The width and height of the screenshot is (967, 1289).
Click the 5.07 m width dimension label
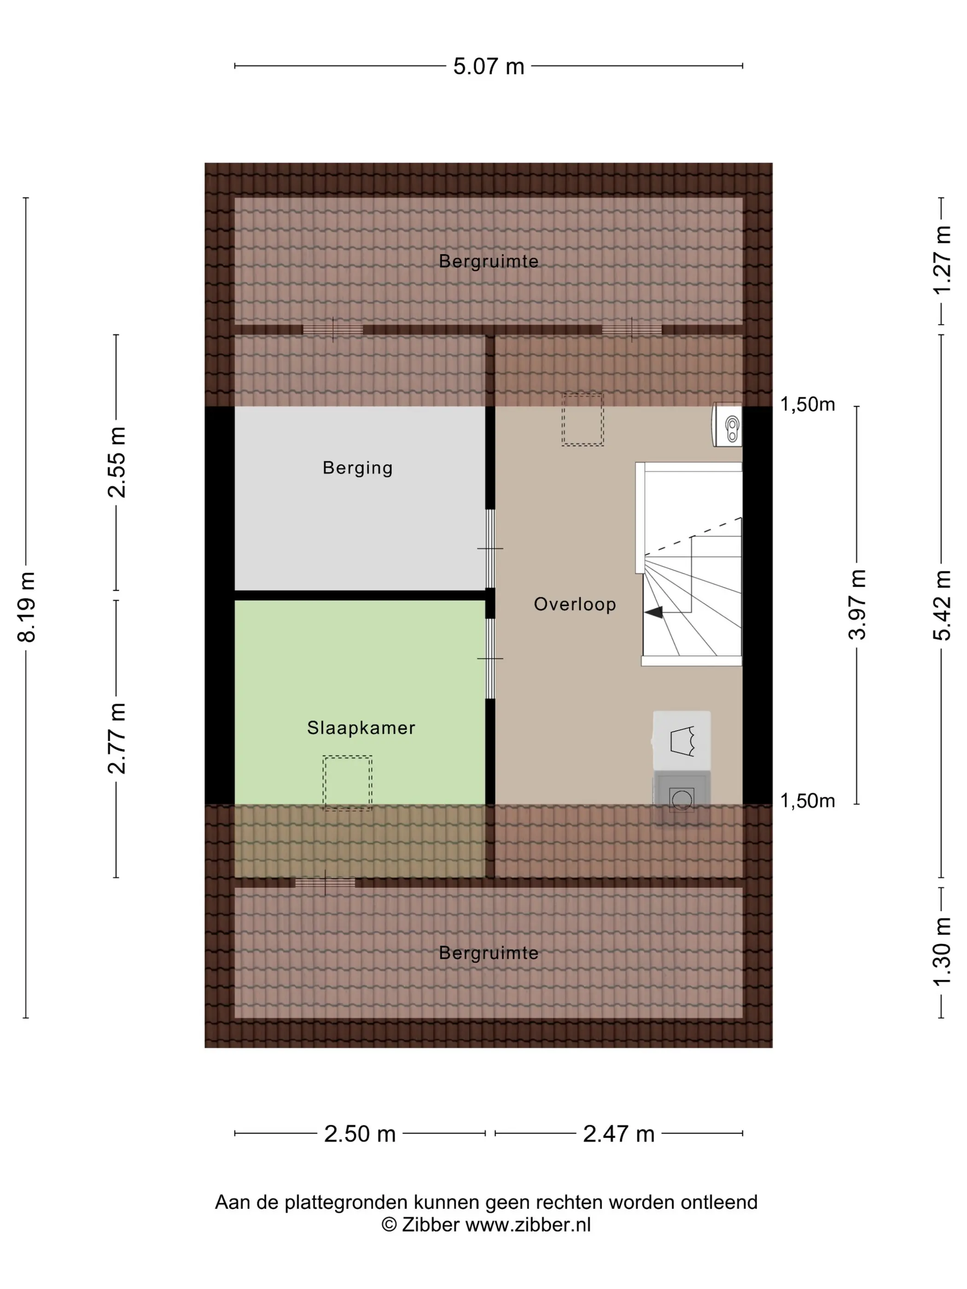pos(489,66)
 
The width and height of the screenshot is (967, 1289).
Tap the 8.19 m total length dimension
pos(27,607)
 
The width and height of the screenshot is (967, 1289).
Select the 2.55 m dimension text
pos(117,462)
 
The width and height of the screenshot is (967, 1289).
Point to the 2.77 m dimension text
pos(117,738)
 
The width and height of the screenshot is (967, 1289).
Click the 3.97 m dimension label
pos(857,604)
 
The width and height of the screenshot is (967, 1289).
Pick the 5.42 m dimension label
pos(942,605)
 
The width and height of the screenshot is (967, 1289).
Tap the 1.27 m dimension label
pos(942,261)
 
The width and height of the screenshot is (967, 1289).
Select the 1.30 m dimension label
pos(942,952)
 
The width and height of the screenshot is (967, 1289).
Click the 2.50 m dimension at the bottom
pos(360,1134)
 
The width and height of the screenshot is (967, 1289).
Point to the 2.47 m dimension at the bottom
pos(618,1134)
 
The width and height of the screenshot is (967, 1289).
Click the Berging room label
pos(357,468)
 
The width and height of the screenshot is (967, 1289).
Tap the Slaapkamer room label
pos(361,727)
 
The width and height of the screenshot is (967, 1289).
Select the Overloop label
pos(575,604)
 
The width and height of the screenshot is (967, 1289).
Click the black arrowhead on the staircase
pos(653,612)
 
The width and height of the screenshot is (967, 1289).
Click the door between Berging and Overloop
pos(490,548)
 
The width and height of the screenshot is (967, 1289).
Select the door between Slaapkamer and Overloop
pos(490,658)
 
